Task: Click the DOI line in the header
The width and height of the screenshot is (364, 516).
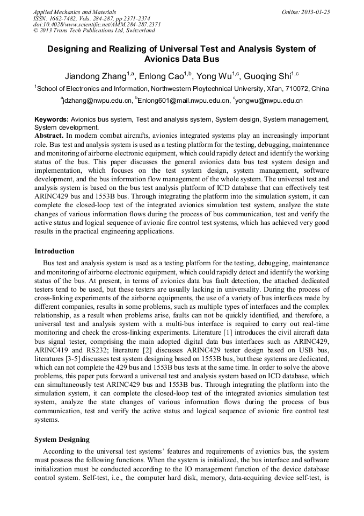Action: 97,24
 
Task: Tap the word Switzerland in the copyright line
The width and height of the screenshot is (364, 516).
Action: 138,31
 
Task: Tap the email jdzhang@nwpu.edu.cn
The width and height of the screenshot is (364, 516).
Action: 98,101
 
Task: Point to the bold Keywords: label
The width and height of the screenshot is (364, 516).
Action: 52,119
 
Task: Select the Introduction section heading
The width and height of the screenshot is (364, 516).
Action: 54,251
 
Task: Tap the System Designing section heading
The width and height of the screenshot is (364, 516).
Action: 62,440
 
